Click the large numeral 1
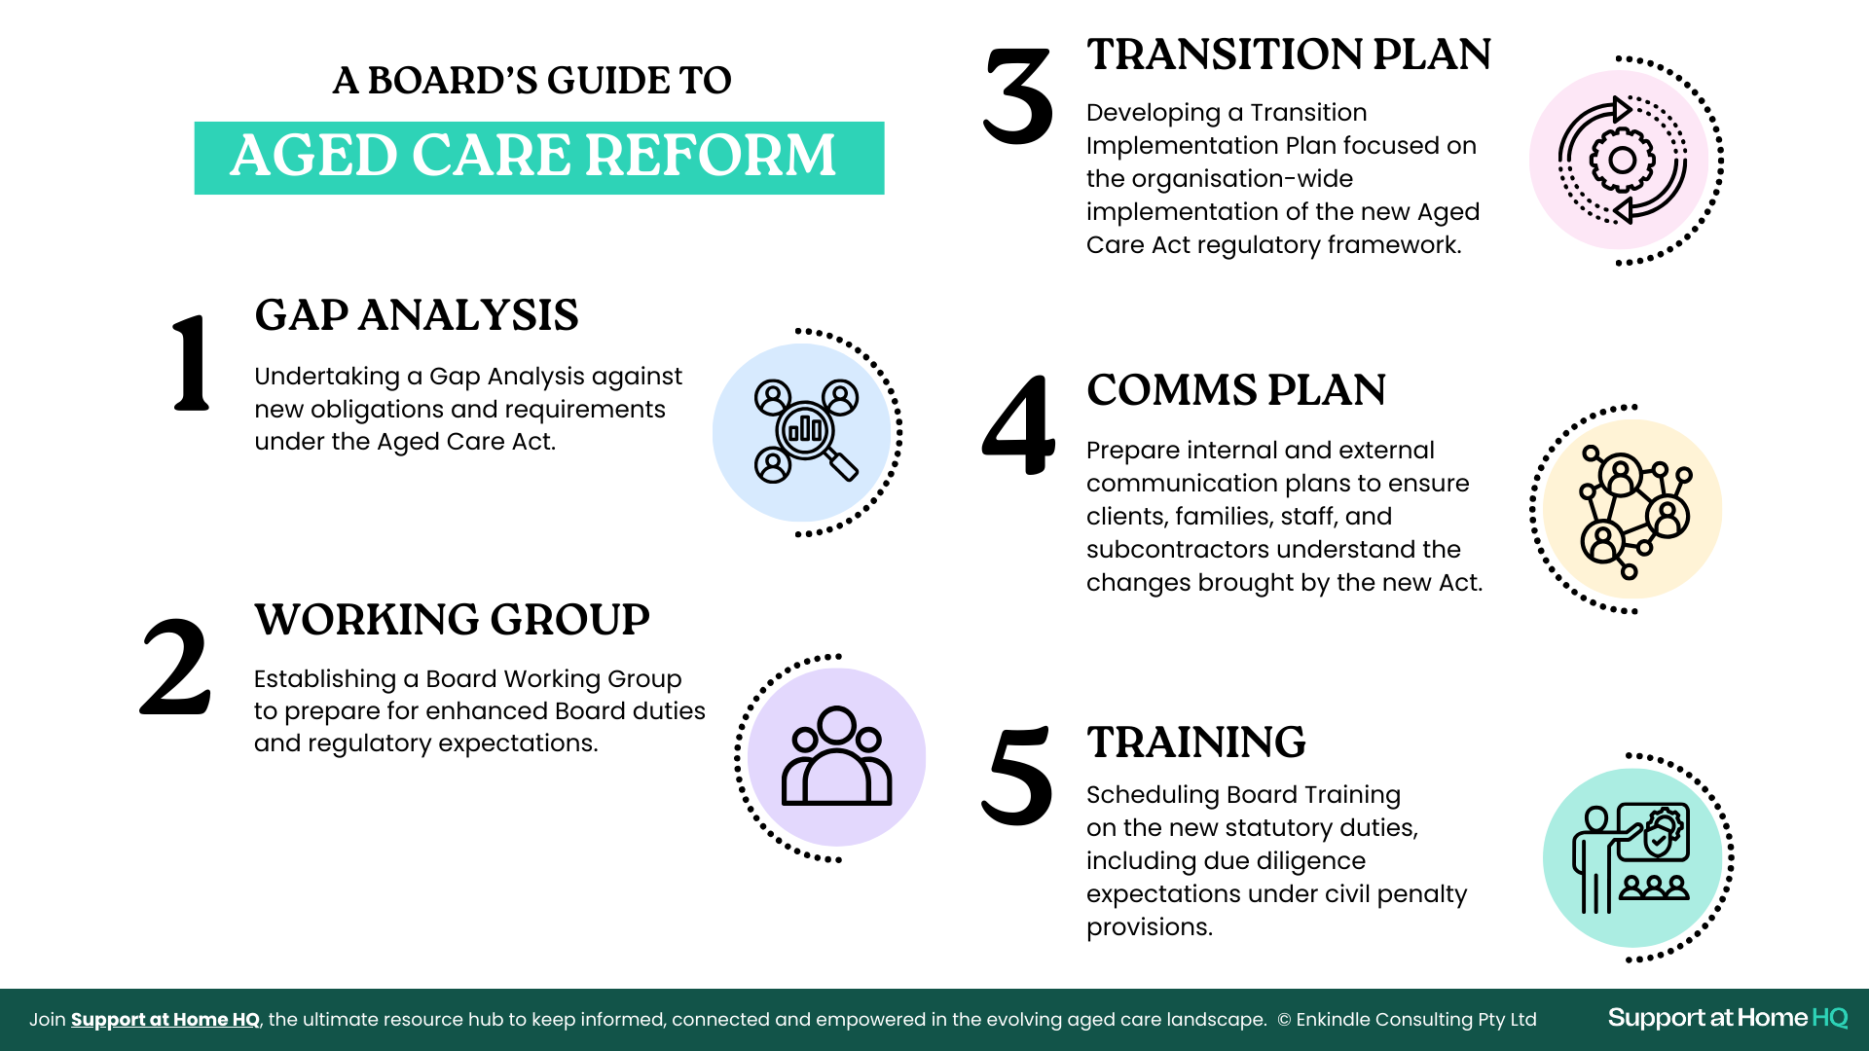coord(191,363)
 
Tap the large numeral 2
coord(175,668)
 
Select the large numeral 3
coord(1018,96)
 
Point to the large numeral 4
coord(1018,425)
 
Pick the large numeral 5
coord(1017,776)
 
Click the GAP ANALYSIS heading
coord(417,315)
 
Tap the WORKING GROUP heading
coord(452,620)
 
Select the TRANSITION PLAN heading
coord(1289,54)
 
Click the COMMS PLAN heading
coord(1236,390)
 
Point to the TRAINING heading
coord(1196,743)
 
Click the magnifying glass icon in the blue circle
coord(806,431)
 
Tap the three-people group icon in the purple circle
coord(836,756)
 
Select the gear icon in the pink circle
coord(1623,160)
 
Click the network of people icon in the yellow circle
coord(1634,510)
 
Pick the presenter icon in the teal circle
coord(1631,858)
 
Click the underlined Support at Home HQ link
coord(165,1020)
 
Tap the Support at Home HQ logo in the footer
coord(1728,1018)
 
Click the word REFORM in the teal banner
coord(711,156)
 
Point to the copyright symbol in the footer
coord(1284,1020)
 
